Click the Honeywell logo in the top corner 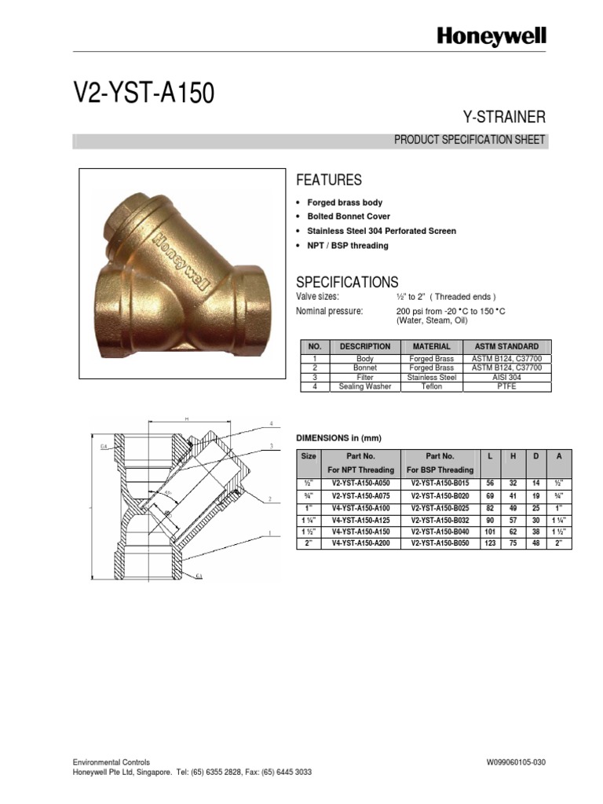(492, 36)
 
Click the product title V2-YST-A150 (144, 94)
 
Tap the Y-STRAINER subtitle (506, 118)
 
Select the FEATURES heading (328, 180)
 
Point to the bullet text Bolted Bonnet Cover (348, 216)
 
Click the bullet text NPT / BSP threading (347, 246)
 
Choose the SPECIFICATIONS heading (346, 282)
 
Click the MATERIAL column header (431, 346)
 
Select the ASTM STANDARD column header (506, 346)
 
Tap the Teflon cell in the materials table (431, 386)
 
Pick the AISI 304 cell (506, 377)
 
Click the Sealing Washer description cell (364, 386)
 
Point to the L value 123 (488, 543)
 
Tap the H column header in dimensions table (513, 456)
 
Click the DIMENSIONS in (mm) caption (338, 437)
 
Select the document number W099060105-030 (516, 762)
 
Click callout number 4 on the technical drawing (271, 423)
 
